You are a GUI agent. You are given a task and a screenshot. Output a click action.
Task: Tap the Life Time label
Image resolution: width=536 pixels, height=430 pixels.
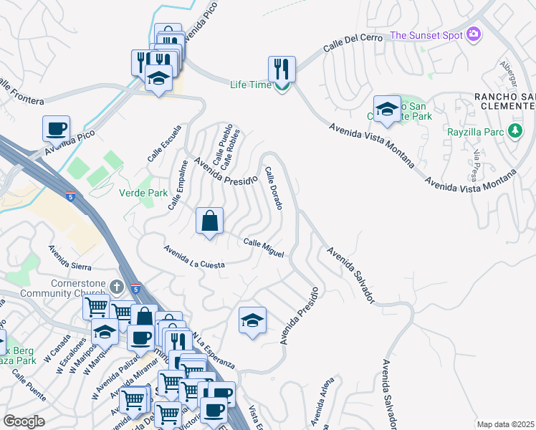[x=250, y=85]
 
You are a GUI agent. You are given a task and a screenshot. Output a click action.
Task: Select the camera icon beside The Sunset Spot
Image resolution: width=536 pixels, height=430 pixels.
[x=472, y=34]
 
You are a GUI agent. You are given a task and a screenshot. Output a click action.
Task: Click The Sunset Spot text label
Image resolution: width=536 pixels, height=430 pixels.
[x=426, y=35]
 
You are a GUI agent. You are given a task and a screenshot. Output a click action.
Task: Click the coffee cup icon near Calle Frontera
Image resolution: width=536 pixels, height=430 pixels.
[x=56, y=129]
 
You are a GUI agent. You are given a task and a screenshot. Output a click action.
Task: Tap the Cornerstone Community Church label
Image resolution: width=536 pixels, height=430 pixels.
[x=72, y=287]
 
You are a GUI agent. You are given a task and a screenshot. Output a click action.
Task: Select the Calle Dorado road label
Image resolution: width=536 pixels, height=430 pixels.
[x=273, y=188]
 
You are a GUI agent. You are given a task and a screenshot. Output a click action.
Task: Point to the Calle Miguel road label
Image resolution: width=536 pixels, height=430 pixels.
[x=264, y=248]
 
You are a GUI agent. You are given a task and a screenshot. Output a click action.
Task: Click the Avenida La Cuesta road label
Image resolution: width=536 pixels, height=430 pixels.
[x=194, y=257]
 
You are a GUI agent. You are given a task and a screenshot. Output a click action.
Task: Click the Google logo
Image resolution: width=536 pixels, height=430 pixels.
[x=24, y=421]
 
